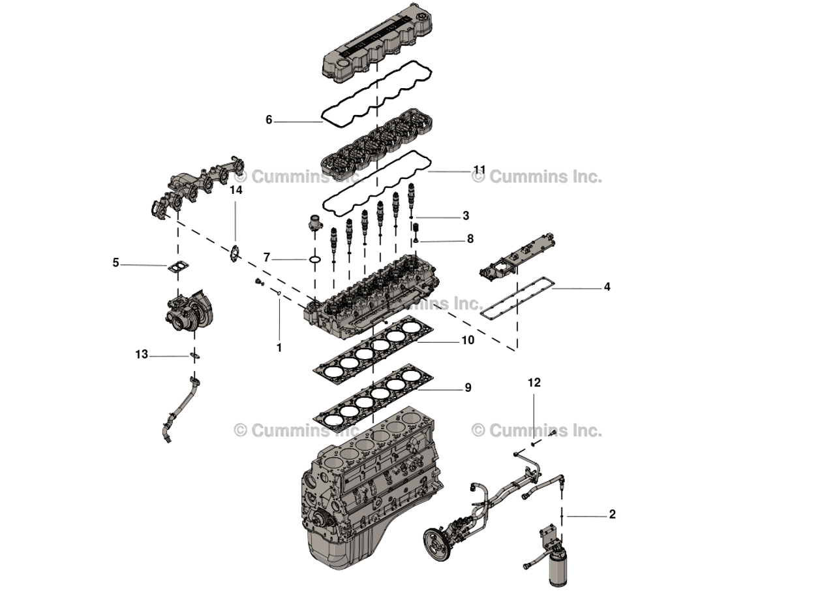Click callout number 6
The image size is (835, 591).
point(269,120)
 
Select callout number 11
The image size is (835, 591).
point(479,170)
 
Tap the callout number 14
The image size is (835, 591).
point(235,190)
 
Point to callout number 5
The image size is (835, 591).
point(115,263)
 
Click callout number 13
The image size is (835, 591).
point(142,355)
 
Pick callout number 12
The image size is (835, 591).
point(534,383)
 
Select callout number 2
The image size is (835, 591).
point(612,515)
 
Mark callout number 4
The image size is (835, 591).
point(607,287)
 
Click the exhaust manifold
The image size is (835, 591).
point(196,186)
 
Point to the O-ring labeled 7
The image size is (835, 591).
point(314,260)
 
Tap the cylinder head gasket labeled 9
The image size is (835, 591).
point(372,398)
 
